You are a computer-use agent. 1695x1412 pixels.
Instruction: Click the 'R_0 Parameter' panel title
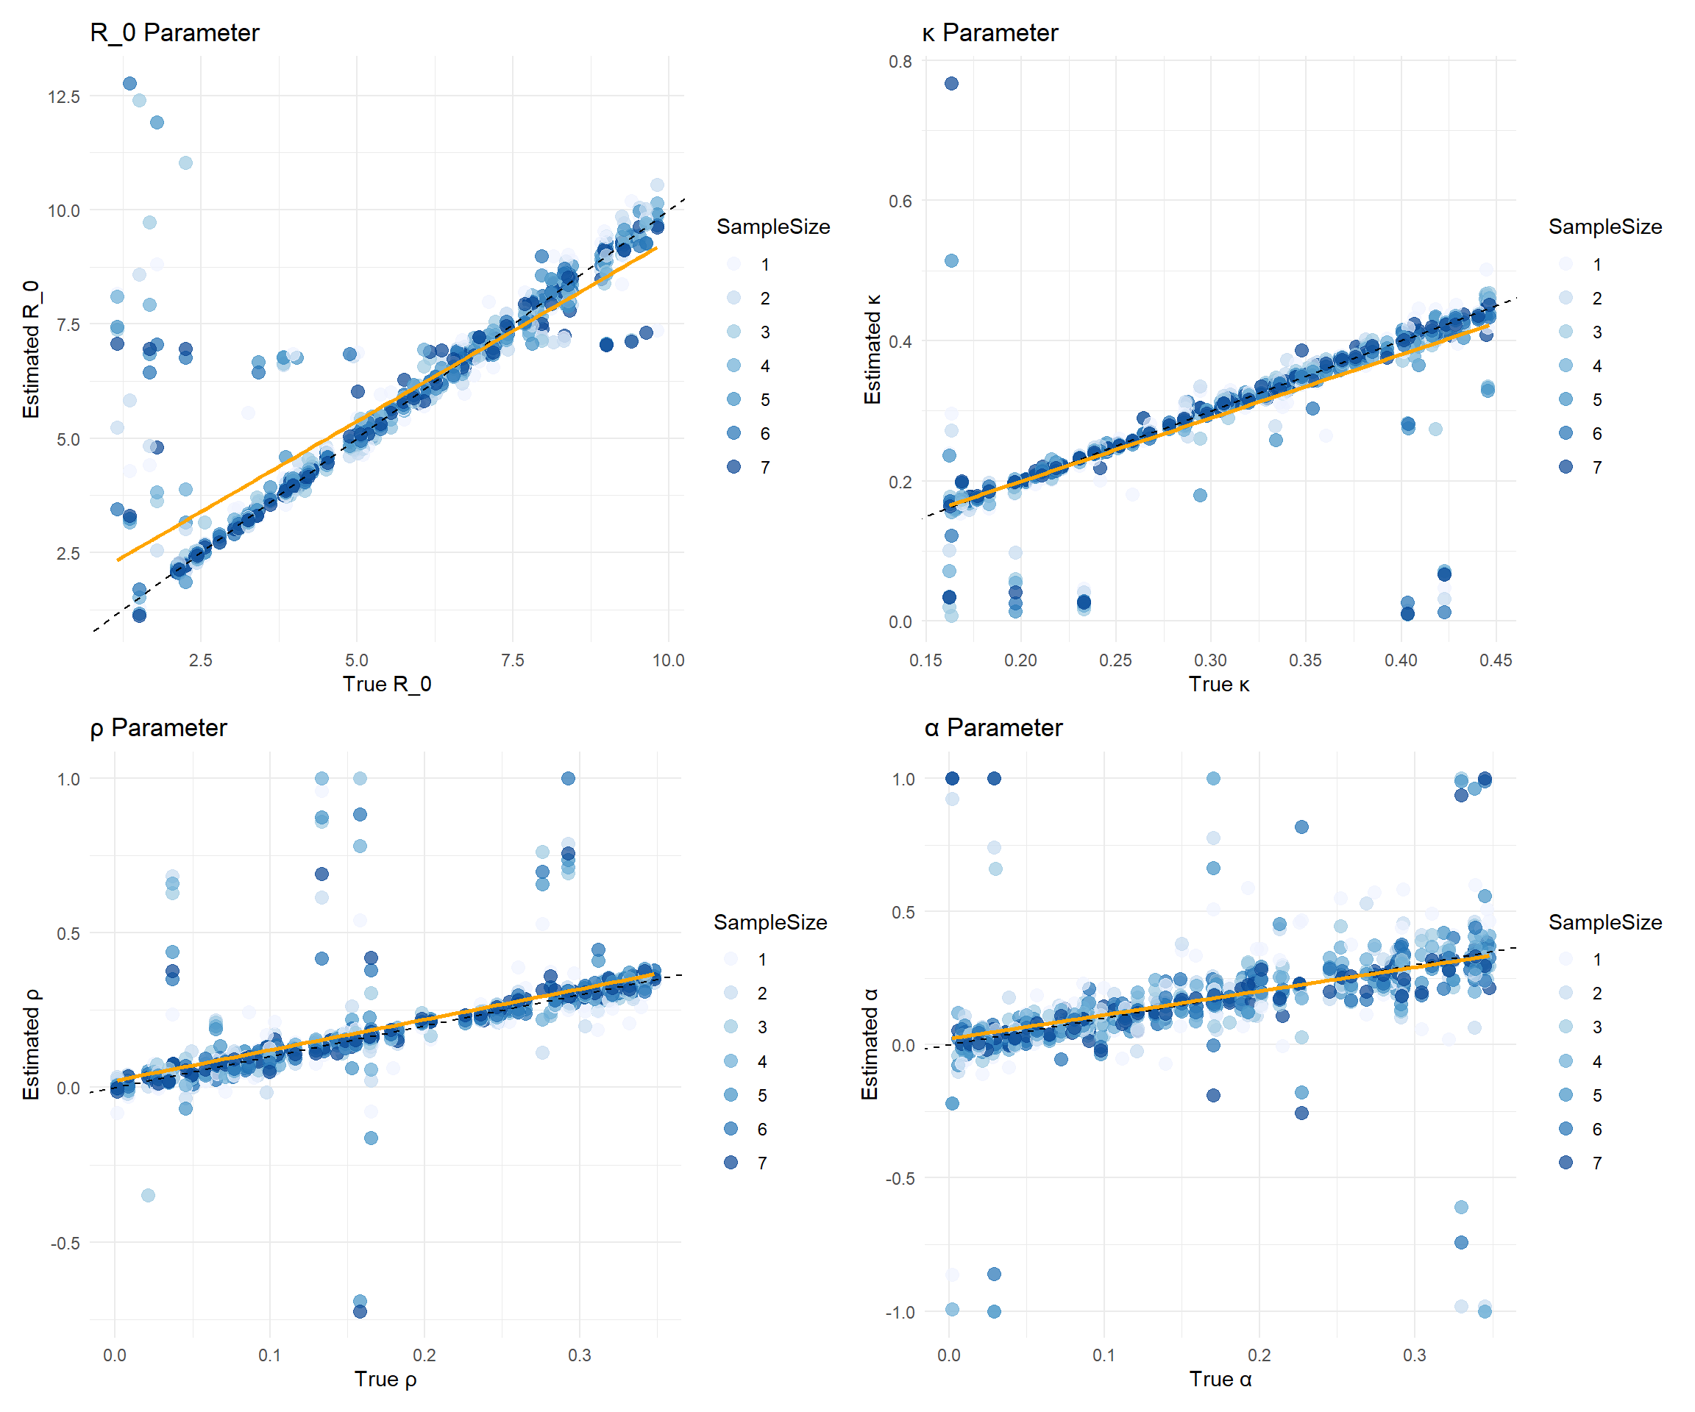174,33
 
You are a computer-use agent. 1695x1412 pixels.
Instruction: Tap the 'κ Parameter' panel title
989,33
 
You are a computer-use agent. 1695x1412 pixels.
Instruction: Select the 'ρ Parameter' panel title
158,728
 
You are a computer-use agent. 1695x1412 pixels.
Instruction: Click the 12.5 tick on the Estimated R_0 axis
64,97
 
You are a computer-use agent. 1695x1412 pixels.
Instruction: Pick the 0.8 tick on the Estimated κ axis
900,62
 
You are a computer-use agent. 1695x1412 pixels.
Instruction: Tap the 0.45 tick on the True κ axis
1496,660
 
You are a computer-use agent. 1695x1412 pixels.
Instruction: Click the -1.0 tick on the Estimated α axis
900,1313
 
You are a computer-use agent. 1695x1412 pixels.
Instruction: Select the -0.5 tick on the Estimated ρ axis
65,1244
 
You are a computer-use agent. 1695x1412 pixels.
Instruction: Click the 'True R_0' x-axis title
387,684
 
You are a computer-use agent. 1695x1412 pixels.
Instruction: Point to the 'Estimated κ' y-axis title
872,349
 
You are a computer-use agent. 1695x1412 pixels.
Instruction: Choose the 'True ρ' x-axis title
385,1380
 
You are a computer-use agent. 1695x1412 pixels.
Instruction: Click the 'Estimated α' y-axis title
870,1044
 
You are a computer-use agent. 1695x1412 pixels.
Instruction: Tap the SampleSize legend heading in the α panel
1605,922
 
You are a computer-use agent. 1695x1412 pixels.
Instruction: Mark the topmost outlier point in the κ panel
952,83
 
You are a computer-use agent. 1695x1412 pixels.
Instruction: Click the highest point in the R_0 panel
129,83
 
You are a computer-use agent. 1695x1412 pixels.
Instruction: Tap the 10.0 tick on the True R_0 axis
668,660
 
